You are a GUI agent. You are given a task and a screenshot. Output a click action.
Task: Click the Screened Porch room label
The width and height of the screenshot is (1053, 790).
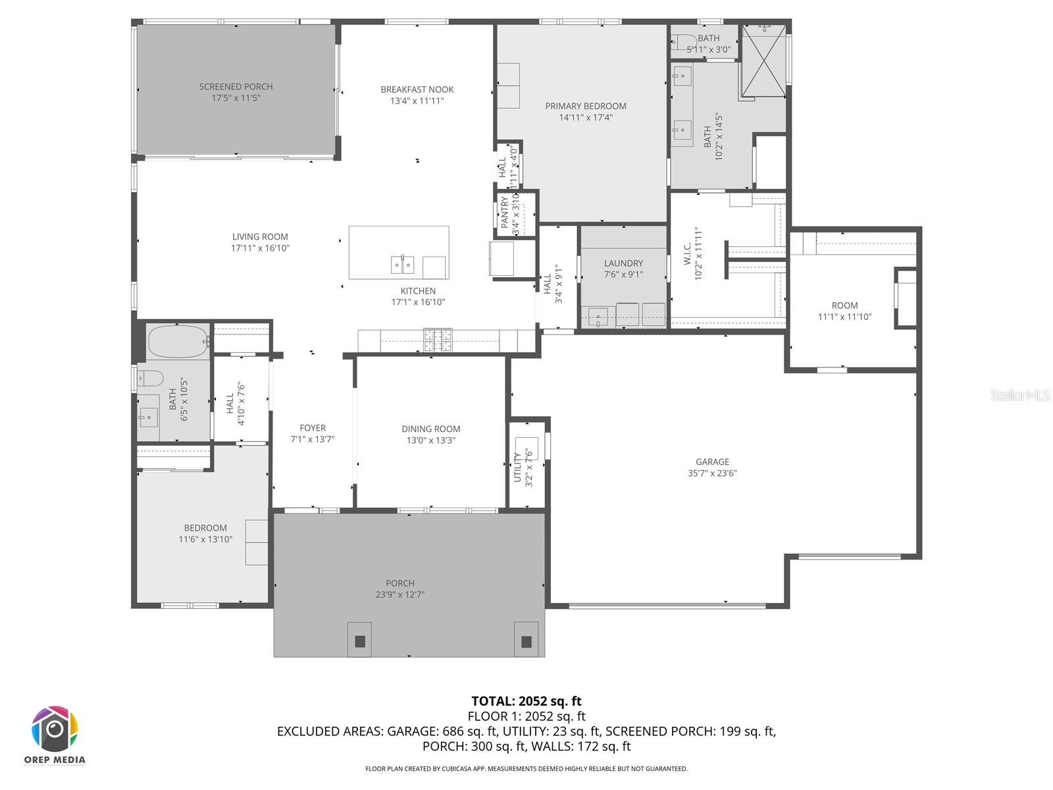click(x=236, y=86)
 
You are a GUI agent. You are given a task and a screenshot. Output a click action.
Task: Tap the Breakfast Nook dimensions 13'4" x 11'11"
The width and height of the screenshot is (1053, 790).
click(x=417, y=101)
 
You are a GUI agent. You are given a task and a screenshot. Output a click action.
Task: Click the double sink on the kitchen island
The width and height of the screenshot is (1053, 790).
click(x=402, y=265)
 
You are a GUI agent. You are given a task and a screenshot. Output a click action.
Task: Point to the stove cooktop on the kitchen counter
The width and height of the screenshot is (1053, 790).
click(x=438, y=339)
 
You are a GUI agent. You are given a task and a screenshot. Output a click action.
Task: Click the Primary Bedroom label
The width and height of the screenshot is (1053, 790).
click(x=585, y=106)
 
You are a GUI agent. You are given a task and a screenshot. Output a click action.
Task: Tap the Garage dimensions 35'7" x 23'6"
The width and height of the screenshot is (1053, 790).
click(x=712, y=473)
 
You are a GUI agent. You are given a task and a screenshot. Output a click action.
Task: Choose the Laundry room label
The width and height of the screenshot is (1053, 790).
click(x=623, y=263)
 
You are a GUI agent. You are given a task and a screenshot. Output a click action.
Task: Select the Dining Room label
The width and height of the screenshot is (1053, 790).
click(x=430, y=429)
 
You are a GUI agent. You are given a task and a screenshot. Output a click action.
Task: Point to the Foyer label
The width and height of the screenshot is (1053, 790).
click(x=313, y=428)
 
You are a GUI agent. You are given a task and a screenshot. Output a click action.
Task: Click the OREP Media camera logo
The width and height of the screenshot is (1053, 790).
click(x=55, y=729)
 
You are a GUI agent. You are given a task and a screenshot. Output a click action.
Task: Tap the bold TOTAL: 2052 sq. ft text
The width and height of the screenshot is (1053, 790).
click(x=526, y=701)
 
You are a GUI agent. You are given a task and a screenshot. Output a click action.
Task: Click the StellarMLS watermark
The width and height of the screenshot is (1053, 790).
click(x=1019, y=395)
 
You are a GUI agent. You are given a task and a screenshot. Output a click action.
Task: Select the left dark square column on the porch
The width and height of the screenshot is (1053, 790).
click(x=359, y=641)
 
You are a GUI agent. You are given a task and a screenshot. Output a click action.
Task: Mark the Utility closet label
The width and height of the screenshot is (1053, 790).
click(x=517, y=467)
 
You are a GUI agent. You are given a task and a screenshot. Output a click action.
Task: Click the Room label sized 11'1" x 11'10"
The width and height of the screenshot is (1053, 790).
click(x=844, y=305)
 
